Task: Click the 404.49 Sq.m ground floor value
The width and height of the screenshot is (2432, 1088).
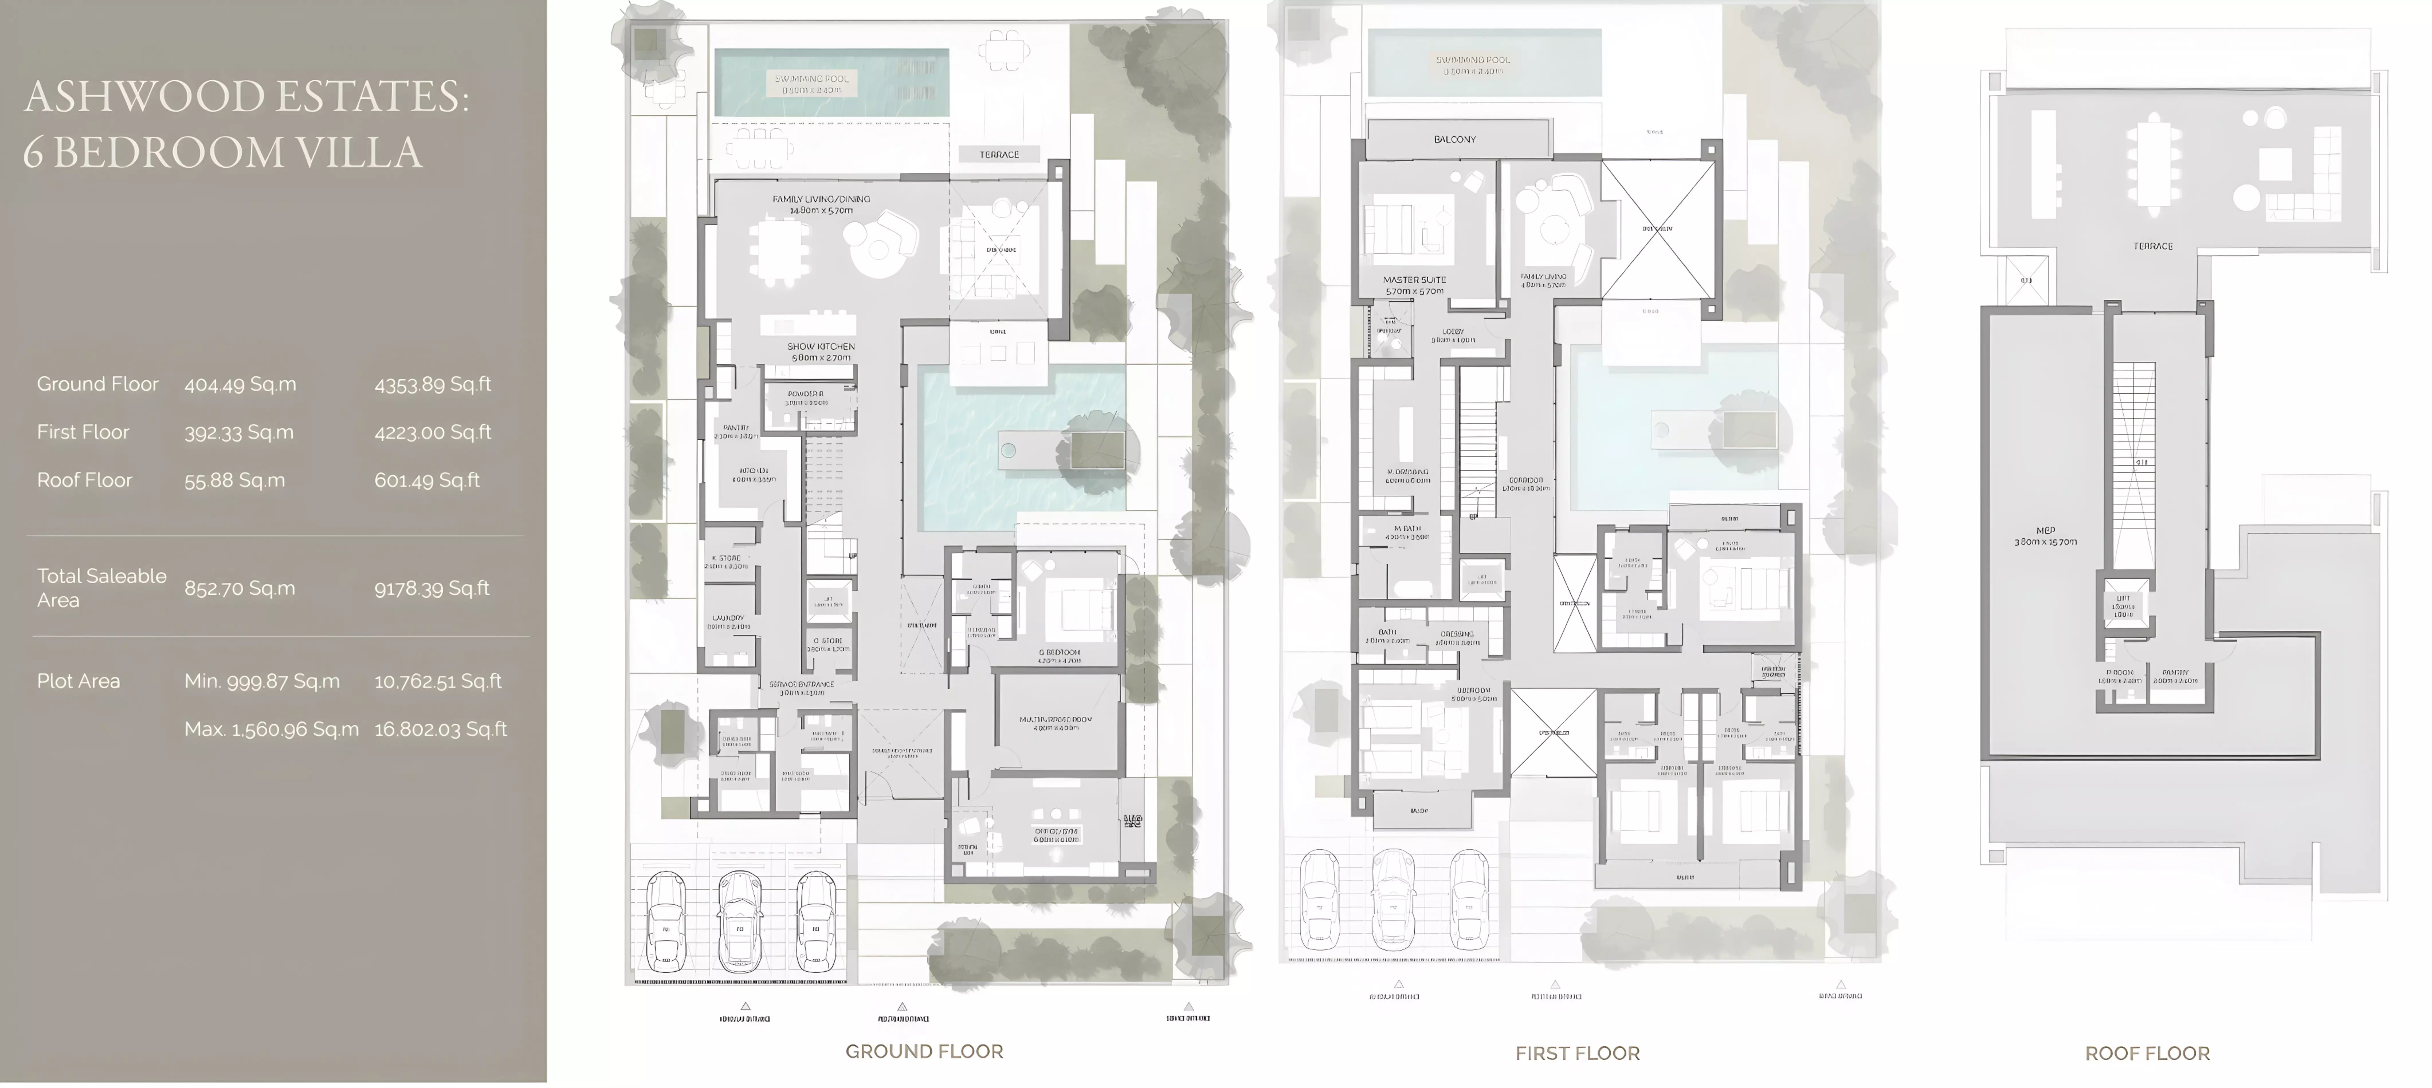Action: coord(240,384)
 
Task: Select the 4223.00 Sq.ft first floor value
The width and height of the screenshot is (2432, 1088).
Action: coord(432,432)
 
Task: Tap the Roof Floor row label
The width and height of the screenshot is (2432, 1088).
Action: coord(84,480)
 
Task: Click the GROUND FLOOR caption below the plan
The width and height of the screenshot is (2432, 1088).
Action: coord(923,1051)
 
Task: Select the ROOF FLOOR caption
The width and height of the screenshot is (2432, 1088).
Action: coord(2147,1053)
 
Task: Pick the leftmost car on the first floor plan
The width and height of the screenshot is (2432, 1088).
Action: coord(1319,899)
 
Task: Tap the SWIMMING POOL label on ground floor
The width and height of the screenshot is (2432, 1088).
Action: coord(811,79)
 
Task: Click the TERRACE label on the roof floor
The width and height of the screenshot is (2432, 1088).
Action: coord(2153,246)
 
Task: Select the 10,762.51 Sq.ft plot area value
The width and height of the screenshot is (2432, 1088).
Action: coord(437,681)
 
